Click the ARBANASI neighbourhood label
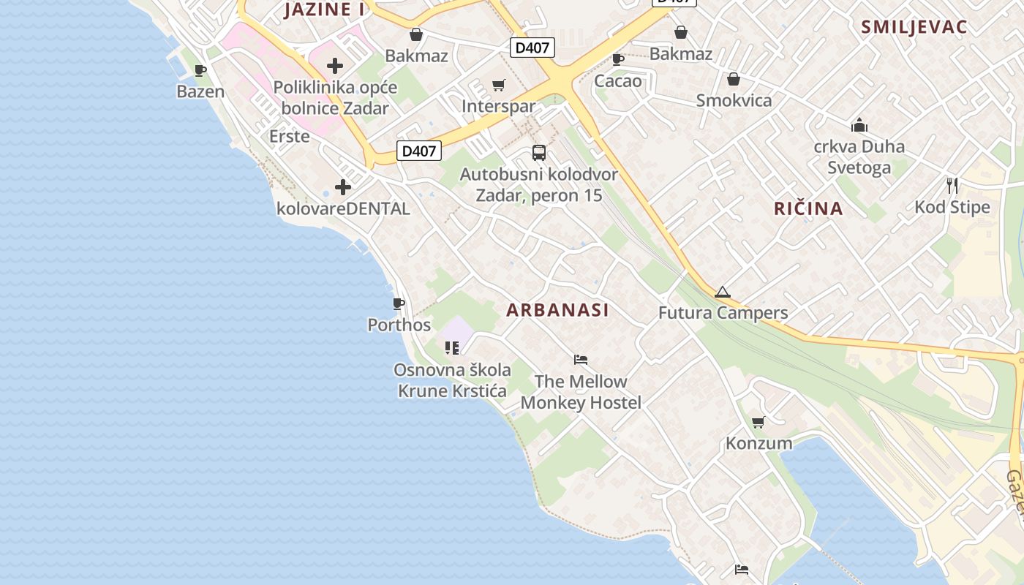(557, 310)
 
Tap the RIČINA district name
(808, 208)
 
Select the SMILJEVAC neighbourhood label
(914, 27)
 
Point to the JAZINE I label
(324, 10)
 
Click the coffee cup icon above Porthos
(399, 303)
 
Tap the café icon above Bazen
(200, 71)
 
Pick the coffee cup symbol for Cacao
(618, 59)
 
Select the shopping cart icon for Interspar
(499, 86)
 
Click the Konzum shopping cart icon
(758, 422)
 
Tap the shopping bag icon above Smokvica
(734, 79)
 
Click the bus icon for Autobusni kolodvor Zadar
(539, 153)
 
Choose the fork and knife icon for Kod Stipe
(952, 186)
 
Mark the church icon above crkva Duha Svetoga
(859, 125)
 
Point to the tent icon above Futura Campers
(723, 292)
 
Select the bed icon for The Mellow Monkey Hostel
(581, 360)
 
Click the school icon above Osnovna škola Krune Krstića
(452, 348)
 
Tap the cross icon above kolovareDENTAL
(342, 187)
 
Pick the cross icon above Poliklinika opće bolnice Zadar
(335, 66)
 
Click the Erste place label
(290, 137)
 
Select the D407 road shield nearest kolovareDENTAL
(419, 151)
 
